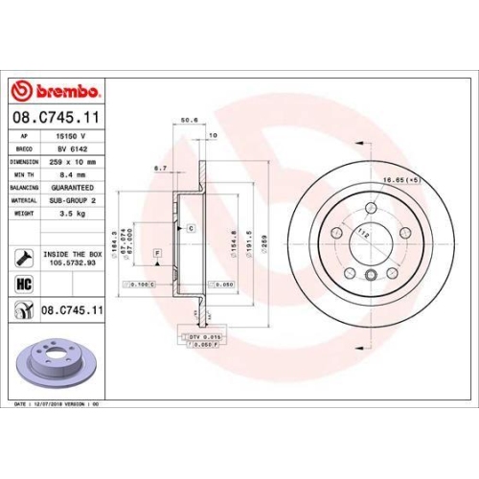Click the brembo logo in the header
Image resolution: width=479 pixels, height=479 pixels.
[x=55, y=91]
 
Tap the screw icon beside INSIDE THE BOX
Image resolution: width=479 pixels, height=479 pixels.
[x=22, y=258]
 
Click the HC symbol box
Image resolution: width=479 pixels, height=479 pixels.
[x=22, y=284]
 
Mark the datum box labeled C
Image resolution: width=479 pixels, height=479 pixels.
[x=191, y=229]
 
